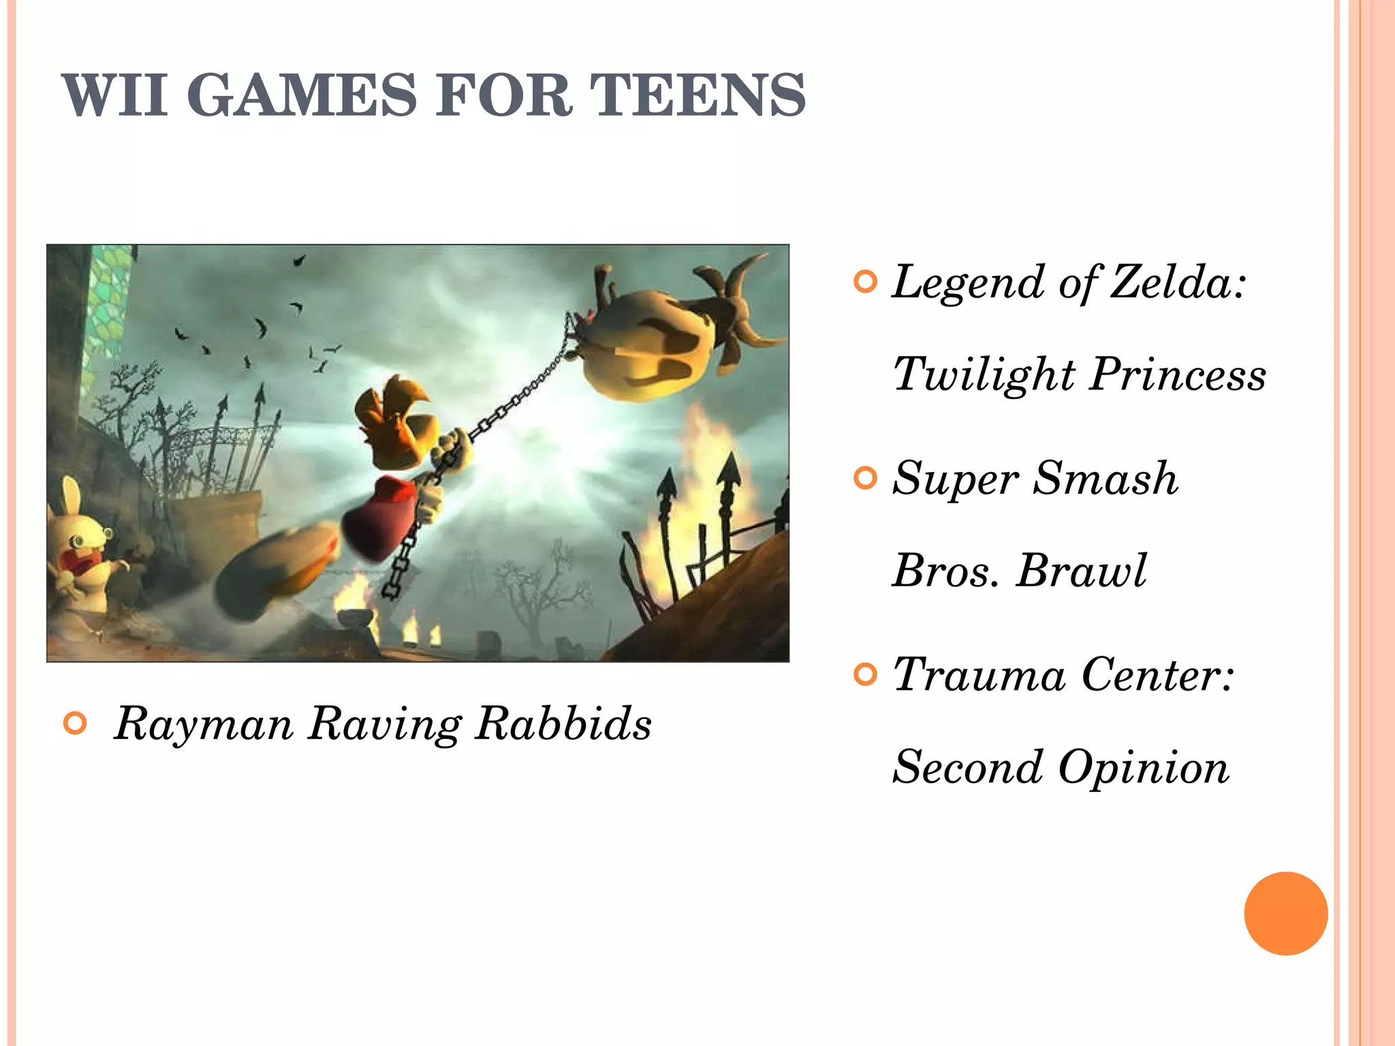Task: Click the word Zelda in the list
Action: point(1177,281)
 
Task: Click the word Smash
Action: point(1105,478)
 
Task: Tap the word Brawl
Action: point(1081,571)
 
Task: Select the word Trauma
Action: point(979,675)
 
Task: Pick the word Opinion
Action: point(1144,767)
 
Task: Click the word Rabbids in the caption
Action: point(563,723)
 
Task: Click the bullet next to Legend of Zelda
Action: point(865,282)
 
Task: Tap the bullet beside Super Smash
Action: point(865,478)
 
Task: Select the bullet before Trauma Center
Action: point(865,675)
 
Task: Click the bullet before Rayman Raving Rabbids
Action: point(75,723)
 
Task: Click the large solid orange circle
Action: point(1285,913)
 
